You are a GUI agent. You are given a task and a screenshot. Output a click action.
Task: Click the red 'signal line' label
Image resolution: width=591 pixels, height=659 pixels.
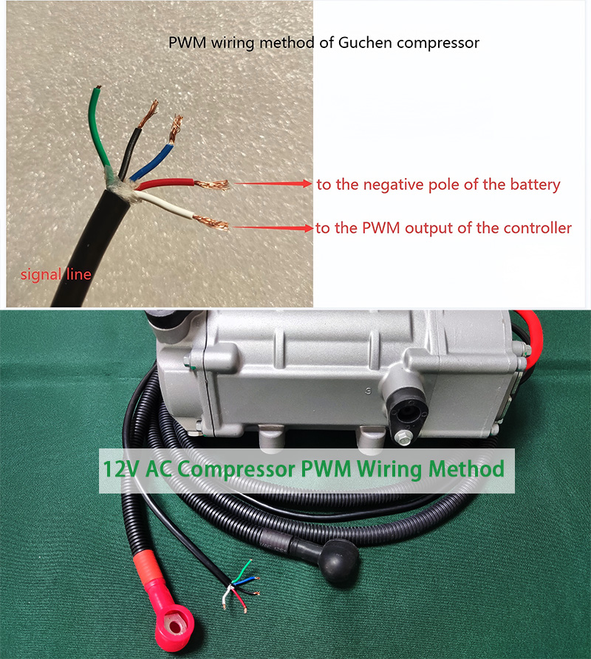tap(56, 275)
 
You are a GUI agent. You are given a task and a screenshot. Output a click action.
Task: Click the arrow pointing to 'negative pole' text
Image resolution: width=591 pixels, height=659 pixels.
tap(273, 184)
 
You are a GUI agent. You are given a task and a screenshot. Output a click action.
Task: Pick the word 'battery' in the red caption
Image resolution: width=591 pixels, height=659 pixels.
tap(534, 185)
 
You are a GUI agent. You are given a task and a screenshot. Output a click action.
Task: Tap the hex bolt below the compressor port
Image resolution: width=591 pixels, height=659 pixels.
tap(402, 439)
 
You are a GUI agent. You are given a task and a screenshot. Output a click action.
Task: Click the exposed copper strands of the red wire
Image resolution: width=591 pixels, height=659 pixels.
tap(213, 185)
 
